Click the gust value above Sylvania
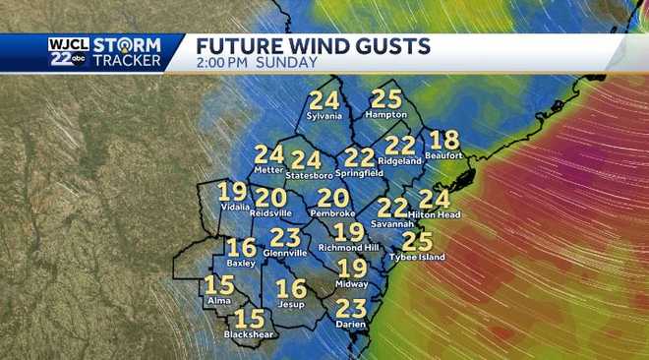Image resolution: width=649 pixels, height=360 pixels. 324,100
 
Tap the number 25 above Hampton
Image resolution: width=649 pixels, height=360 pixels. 386,99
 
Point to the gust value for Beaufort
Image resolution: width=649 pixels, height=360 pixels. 444,140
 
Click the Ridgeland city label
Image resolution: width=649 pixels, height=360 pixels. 401,159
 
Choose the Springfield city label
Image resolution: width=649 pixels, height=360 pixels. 359,172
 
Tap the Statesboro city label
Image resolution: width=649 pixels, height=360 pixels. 308,174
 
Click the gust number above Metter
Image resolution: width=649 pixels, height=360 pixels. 268,154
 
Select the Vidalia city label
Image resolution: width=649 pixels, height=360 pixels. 232,208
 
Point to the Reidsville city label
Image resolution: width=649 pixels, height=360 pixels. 271,211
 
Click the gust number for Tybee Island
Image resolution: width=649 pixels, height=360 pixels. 418,241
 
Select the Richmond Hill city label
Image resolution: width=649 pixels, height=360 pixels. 349,247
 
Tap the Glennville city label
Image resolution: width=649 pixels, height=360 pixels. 285,252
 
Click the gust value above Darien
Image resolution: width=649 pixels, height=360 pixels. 350,308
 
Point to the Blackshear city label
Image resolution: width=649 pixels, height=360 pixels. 248,334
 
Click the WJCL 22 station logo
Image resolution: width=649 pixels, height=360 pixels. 67,52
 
